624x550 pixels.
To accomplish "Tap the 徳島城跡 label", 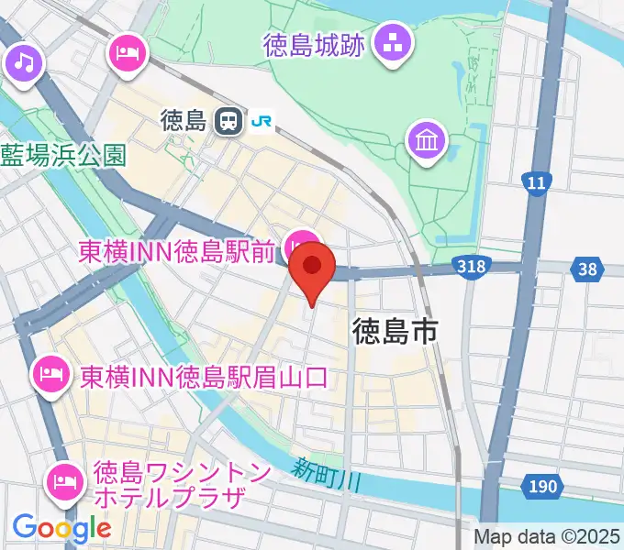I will pos(313,44).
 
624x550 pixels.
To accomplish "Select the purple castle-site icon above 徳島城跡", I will pos(394,42).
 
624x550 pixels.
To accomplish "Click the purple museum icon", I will pos(428,142).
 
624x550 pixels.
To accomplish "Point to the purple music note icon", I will pos(24,63).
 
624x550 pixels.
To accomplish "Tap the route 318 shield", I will pos(470,267).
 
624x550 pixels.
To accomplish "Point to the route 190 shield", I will pos(543,485).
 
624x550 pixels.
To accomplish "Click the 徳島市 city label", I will pos(395,331).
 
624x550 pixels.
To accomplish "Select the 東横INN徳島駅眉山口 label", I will pos(203,377).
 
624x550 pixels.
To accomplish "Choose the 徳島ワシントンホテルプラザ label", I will pos(181,486).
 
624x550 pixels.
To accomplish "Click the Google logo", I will pos(61,528).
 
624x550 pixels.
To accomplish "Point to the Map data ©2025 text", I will pos(546,536).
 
